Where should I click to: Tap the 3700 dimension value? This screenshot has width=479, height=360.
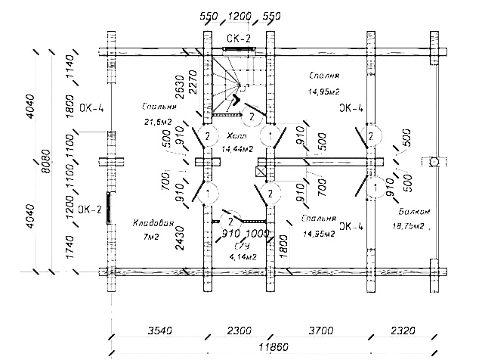coord(317,331)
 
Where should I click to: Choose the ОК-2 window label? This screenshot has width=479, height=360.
coord(90,210)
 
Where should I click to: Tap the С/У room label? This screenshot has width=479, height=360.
coord(243,247)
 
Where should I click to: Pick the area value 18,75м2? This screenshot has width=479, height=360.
coord(409,225)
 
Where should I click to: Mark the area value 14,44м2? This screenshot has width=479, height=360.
coord(237,150)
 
